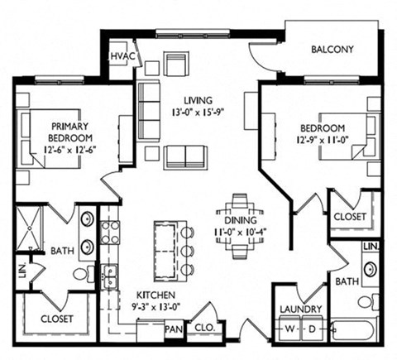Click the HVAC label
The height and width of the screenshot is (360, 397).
tap(123, 56)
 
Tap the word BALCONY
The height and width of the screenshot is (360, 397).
tap(332, 50)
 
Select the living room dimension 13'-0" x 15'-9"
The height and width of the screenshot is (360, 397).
tap(197, 113)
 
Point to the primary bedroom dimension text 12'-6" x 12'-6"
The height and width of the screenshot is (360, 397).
tap(69, 150)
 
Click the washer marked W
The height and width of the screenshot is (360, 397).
tap(289, 329)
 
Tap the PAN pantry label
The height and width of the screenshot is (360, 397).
tap(174, 329)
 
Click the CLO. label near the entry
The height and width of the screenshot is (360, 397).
tap(204, 328)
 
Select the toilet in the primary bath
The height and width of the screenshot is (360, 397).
tap(84, 274)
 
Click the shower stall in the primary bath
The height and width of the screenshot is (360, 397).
tap(29, 228)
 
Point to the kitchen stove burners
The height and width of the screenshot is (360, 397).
tap(110, 233)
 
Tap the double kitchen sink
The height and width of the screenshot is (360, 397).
tap(110, 276)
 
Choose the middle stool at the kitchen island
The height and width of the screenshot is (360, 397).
tap(188, 251)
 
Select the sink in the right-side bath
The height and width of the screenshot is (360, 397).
tap(371, 269)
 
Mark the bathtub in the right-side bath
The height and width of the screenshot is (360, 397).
tap(354, 330)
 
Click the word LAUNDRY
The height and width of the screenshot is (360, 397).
tap(301, 310)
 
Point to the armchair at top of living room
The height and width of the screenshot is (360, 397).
tap(176, 63)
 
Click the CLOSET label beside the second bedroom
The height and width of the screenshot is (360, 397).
tap(350, 217)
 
